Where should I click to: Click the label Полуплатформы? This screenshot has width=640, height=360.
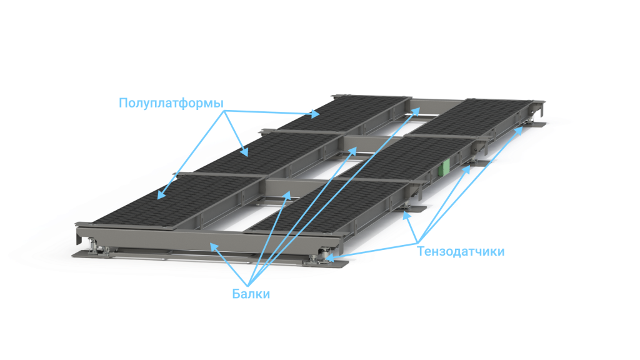pos(171,103)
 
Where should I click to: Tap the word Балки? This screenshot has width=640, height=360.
pos(251,294)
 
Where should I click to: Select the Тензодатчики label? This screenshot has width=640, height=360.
pos(461,251)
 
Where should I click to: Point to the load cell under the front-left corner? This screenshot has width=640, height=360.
pos(98,246)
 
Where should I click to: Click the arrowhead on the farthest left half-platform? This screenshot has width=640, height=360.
pos(315,114)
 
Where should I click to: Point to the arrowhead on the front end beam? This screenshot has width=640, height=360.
pos(214,246)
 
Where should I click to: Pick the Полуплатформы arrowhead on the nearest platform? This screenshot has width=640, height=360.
pos(161,195)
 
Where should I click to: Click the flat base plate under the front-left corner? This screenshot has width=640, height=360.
pos(122,255)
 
